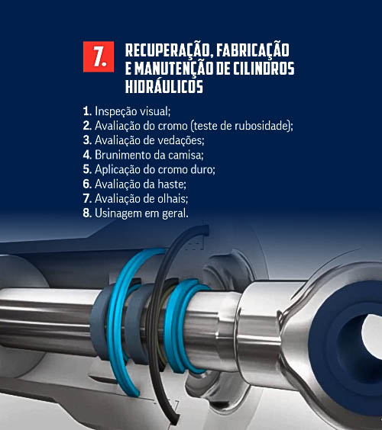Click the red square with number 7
click(x=99, y=56)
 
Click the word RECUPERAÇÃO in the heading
click(x=168, y=50)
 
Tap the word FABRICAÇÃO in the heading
click(x=253, y=50)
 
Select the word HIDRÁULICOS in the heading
click(x=164, y=86)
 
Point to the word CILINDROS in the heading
click(x=264, y=69)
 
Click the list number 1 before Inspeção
click(x=87, y=111)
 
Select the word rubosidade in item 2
click(x=263, y=126)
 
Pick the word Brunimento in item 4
click(x=123, y=155)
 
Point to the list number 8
click(x=87, y=213)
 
